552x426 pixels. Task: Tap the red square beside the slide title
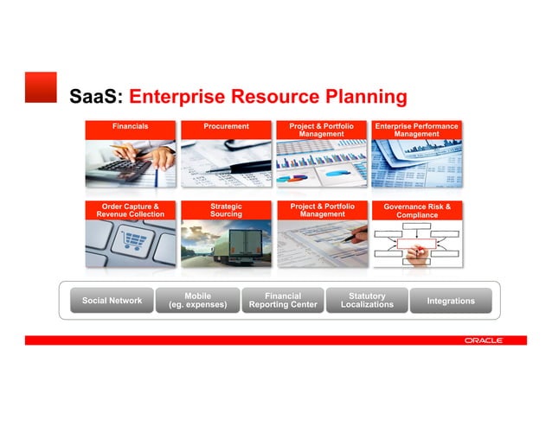tap(41, 87)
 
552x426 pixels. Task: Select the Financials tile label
tap(130, 126)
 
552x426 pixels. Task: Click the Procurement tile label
tap(226, 126)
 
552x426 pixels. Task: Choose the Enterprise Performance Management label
tap(416, 130)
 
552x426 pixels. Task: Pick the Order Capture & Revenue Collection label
tap(130, 210)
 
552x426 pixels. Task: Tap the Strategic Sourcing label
tap(226, 210)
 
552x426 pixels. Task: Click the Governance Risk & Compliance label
tap(416, 210)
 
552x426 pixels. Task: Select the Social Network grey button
tap(112, 301)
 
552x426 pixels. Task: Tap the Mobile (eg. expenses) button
tap(197, 301)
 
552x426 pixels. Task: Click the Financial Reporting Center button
tap(282, 301)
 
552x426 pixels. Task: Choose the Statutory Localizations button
tap(367, 301)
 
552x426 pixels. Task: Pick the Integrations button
tap(451, 301)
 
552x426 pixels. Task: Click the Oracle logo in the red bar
tap(483, 340)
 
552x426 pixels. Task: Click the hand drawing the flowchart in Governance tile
tap(418, 252)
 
